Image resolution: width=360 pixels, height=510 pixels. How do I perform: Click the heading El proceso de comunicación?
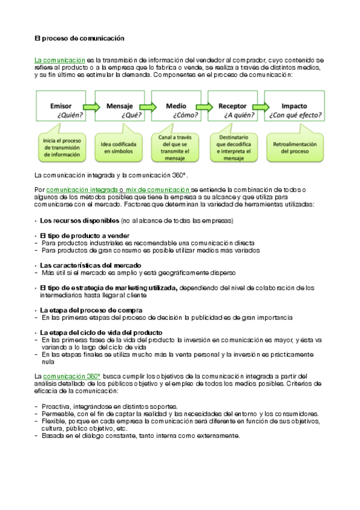click(79, 38)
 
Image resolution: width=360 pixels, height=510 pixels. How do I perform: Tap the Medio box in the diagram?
click(176, 108)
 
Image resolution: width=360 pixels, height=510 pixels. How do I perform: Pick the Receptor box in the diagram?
click(233, 108)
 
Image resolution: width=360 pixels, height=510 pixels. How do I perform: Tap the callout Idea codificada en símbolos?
click(119, 148)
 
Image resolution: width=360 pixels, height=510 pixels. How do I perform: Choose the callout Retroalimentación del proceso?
click(293, 148)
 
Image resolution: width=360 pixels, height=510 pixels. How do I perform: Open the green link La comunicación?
click(60, 61)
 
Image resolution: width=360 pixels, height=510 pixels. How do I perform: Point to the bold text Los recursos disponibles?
click(79, 220)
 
